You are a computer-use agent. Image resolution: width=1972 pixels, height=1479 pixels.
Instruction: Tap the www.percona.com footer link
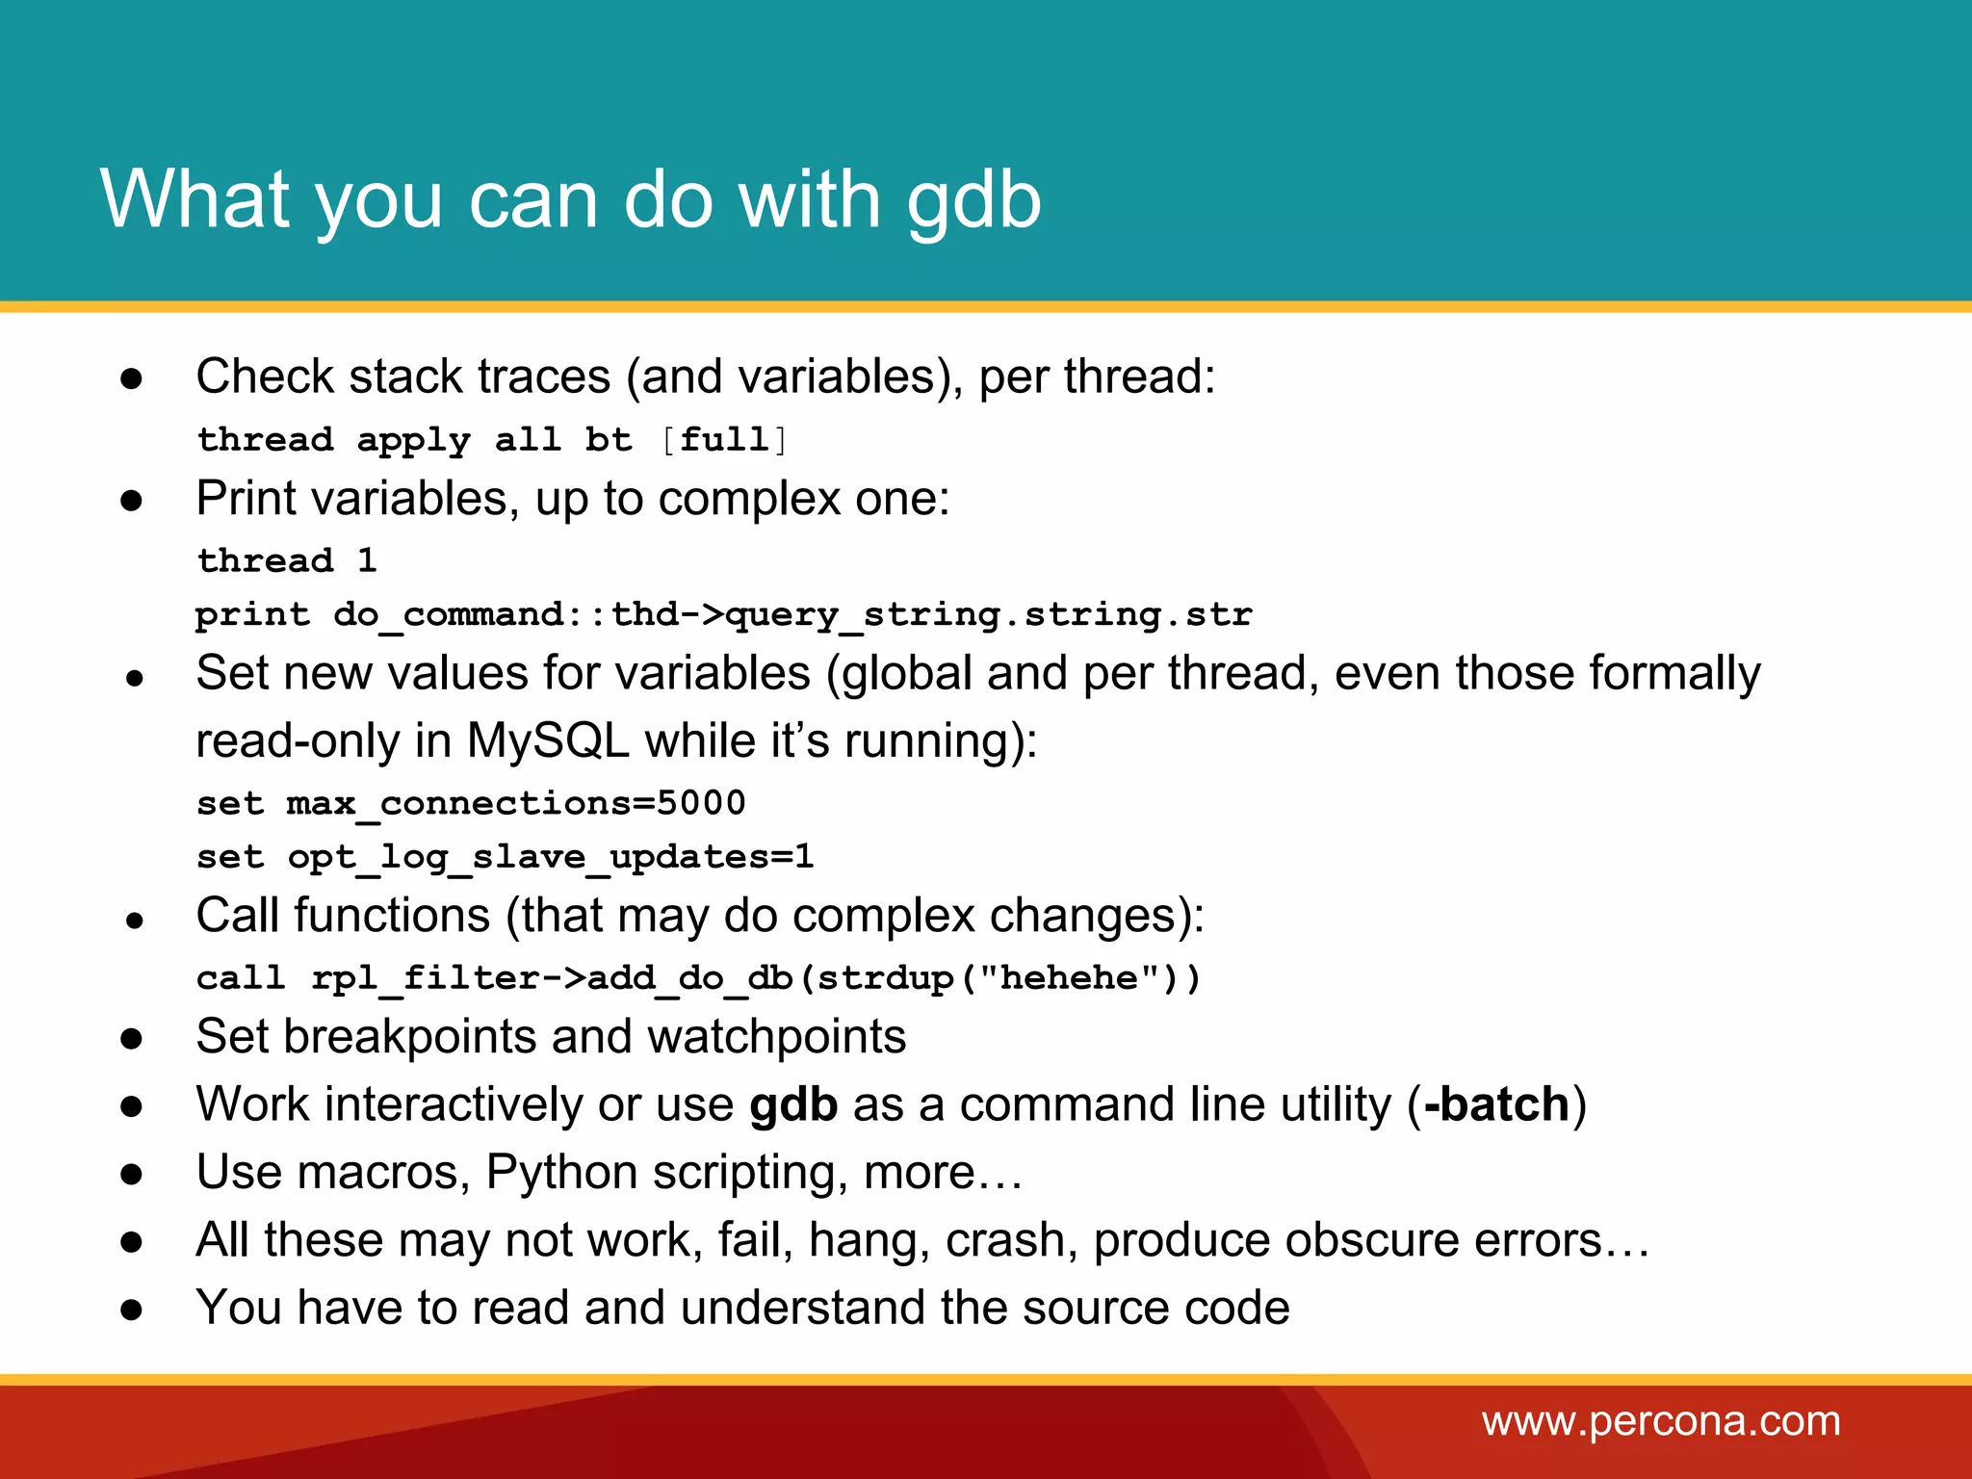click(1661, 1421)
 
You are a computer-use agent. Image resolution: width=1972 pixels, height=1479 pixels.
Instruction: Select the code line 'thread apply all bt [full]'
click(492, 440)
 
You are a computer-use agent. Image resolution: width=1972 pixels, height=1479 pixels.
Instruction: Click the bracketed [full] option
click(724, 440)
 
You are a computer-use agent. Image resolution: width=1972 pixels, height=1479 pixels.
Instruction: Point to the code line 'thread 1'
click(287, 560)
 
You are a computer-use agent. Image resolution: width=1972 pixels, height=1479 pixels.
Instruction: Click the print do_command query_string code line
click(723, 614)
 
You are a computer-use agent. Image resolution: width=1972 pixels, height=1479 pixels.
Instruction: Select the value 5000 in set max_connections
click(701, 803)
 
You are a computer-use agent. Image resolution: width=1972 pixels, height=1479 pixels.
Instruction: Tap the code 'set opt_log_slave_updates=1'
click(505, 857)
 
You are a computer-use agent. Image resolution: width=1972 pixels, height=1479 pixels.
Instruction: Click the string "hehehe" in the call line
click(1069, 978)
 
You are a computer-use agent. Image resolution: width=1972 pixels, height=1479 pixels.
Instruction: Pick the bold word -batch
click(1496, 1103)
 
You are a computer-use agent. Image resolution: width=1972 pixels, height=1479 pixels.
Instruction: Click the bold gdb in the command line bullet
click(793, 1105)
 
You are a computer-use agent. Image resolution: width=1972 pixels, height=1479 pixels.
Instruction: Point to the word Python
click(561, 1173)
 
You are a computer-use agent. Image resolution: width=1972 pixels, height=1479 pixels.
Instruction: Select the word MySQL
click(548, 741)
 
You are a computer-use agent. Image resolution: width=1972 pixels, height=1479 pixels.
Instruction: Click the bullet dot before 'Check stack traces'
click(132, 379)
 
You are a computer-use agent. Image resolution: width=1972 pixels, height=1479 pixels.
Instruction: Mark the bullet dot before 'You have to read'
click(132, 1310)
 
